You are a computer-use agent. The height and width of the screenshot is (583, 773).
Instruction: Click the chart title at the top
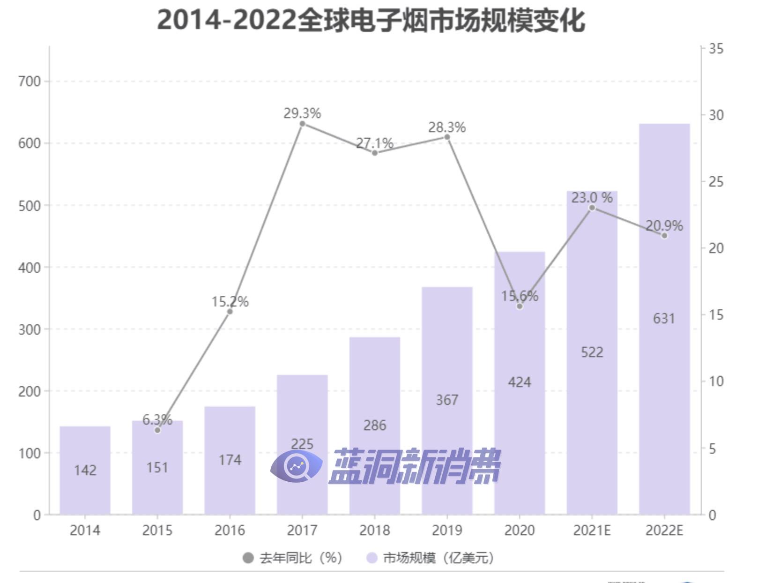pos(371,21)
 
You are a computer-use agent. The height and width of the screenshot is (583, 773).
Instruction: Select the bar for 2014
pos(85,470)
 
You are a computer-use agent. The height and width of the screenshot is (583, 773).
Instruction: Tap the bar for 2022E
pos(664,319)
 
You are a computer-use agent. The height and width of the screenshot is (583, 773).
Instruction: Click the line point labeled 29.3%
pos(302,124)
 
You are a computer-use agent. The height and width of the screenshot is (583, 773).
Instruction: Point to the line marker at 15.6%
pos(520,306)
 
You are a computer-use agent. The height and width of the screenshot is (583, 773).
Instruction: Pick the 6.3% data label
pos(157,419)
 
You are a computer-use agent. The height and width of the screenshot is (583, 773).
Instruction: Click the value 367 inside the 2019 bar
pos(447,400)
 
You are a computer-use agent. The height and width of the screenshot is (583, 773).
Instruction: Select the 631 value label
pos(664,319)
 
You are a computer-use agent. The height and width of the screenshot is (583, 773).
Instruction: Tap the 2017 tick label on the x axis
pos(302,530)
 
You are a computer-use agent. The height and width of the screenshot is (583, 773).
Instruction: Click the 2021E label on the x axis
pos(592,530)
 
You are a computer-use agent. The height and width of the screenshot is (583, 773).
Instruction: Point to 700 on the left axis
pos(30,82)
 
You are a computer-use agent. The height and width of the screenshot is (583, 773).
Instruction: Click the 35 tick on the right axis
pos(716,49)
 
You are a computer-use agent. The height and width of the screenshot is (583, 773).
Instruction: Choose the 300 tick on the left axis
pos(30,329)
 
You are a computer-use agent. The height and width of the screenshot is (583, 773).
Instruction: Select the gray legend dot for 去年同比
pos(248,558)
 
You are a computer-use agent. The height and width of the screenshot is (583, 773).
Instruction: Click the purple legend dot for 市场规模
pos(372,558)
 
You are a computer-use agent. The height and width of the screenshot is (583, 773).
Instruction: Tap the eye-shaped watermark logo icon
pos(296,466)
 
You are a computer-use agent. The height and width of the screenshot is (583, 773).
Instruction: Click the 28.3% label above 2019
pos(447,127)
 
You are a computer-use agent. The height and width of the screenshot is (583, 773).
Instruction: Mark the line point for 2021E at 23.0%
pos(592,208)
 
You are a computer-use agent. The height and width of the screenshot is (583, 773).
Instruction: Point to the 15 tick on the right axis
pos(716,315)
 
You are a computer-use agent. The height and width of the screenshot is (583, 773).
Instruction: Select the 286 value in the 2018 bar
pos(375,426)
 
